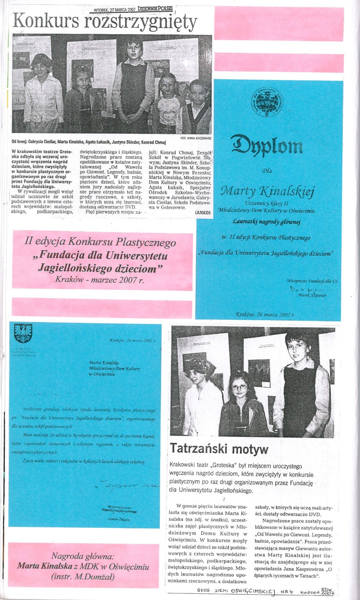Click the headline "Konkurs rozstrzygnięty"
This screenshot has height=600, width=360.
105,22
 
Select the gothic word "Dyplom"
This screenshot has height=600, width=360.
267,145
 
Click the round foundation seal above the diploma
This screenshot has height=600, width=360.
268,102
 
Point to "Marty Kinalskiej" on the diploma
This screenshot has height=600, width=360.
268,191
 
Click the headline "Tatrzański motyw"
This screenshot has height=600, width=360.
219,449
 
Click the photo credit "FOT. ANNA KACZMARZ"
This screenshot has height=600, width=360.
196,138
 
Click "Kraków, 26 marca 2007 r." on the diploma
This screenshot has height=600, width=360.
265,315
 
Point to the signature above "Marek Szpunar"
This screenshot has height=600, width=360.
305,289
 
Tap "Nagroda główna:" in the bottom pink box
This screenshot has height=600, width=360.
83,556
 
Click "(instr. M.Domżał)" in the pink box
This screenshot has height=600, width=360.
83,577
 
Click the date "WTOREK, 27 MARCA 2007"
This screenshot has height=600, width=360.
115,10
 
